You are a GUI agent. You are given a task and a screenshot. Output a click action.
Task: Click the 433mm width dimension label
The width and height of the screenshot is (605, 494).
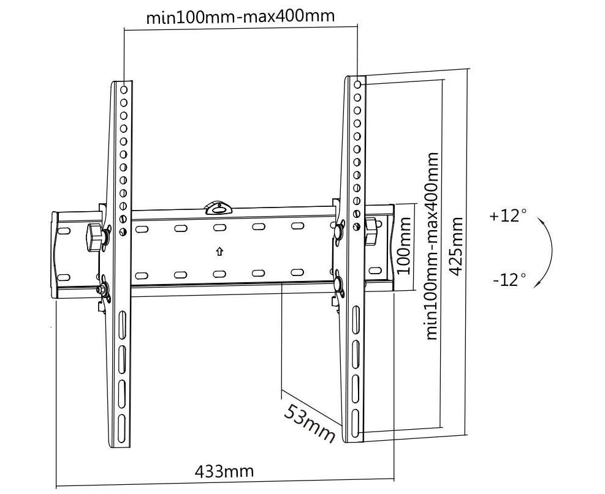224,471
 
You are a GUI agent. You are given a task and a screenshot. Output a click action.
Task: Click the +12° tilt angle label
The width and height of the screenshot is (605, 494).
508,216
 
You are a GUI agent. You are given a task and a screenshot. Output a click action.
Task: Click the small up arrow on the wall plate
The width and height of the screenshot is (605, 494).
219,251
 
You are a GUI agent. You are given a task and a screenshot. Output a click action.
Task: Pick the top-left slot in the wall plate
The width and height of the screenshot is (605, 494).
141,230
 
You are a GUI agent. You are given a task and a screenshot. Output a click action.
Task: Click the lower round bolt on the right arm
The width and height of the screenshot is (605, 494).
338,283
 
